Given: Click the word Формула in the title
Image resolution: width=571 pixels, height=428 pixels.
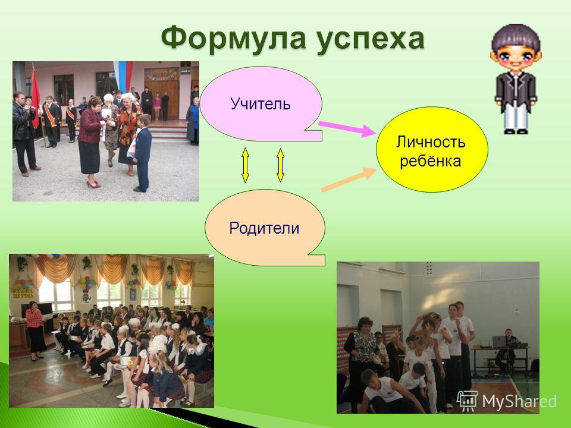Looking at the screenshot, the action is (233, 38).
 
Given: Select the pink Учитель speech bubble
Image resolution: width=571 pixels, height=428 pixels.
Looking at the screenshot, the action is (261, 103).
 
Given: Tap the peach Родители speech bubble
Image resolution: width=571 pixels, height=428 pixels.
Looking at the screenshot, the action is (265, 228).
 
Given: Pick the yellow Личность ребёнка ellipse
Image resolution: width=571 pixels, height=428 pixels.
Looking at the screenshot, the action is (432, 149).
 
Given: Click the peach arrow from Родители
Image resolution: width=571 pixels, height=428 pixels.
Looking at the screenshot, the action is (349, 179).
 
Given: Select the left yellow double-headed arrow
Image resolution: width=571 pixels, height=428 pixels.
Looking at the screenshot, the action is (245, 165).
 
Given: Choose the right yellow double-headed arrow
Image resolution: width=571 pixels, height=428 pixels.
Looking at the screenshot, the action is (280, 165).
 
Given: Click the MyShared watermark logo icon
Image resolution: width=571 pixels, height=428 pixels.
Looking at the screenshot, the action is (468, 401).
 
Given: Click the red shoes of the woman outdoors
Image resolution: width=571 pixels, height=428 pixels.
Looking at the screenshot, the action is (93, 184).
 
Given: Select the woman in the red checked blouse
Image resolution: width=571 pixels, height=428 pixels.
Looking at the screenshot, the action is (35, 330).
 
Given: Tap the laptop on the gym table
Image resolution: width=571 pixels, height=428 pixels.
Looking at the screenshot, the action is (498, 341).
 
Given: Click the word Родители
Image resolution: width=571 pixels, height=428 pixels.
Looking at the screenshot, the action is (264, 228).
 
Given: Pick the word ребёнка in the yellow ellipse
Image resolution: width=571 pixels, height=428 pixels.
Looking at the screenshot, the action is (431, 160).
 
